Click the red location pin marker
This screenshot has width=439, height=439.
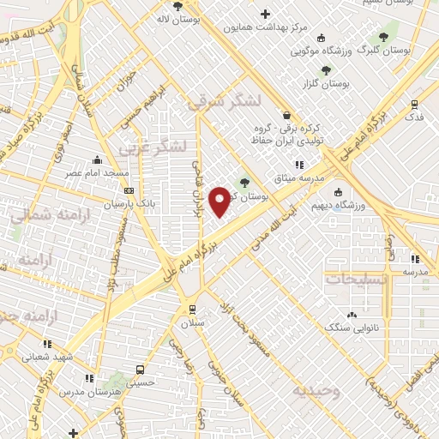(x=220, y=201)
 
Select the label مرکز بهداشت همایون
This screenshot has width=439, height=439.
(x=265, y=27)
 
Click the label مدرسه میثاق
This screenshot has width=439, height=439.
(x=297, y=177)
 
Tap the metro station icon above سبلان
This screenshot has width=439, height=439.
(x=192, y=310)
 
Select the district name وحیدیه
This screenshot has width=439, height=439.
(x=316, y=391)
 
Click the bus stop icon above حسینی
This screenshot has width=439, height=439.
(x=140, y=370)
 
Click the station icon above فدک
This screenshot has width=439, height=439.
(x=414, y=103)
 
